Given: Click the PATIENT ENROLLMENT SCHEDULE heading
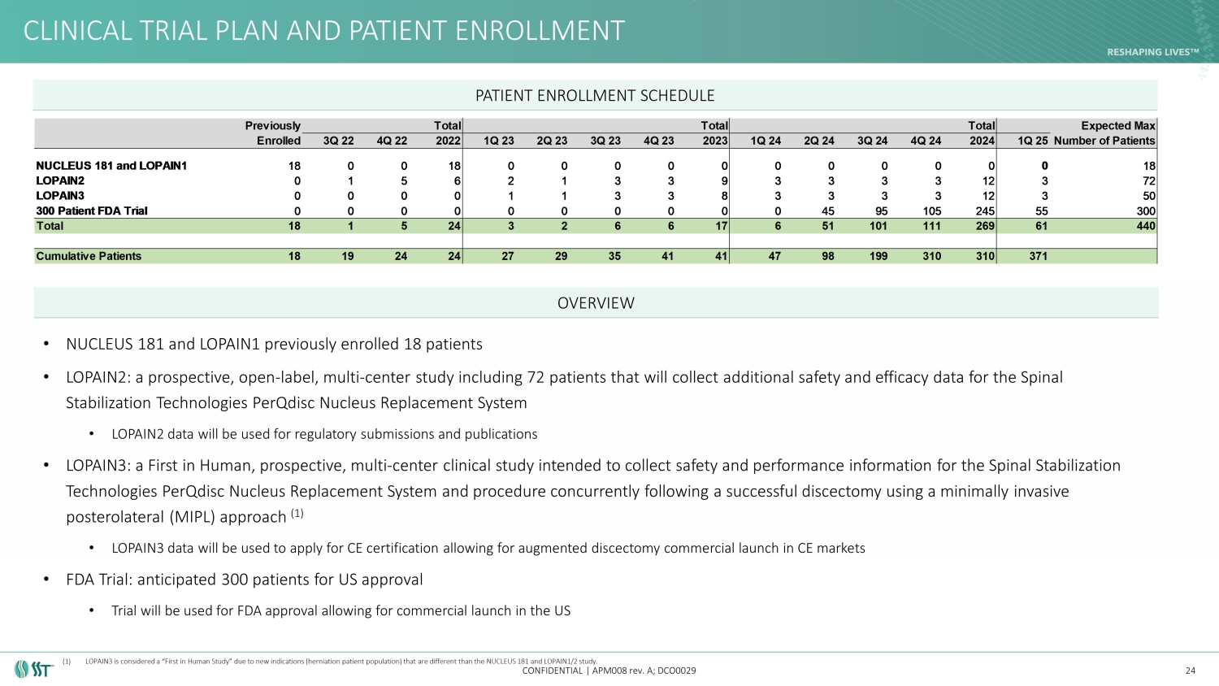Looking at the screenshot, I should (595, 96).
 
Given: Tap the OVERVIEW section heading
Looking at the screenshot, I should (596, 303).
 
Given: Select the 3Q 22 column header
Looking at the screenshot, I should (339, 141).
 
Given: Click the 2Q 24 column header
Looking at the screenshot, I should (819, 141).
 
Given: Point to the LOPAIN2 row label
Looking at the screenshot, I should (60, 180).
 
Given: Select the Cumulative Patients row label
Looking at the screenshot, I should (89, 256).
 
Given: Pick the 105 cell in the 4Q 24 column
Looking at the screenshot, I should (931, 211).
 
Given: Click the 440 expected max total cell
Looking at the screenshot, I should (1146, 226).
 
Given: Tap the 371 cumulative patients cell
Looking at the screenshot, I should (1038, 256).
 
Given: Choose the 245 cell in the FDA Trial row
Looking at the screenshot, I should (985, 211).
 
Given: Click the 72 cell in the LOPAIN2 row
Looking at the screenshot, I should (1148, 180).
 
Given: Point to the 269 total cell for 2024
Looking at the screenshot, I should (985, 226).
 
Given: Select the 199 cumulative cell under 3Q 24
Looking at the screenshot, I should (878, 256).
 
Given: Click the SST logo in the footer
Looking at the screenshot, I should (33, 670).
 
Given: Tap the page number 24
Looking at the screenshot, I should (1191, 671).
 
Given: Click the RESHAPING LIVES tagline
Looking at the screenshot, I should (1152, 52).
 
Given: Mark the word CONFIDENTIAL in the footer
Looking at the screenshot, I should (553, 671).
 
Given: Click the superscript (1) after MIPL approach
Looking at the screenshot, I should (297, 514).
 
